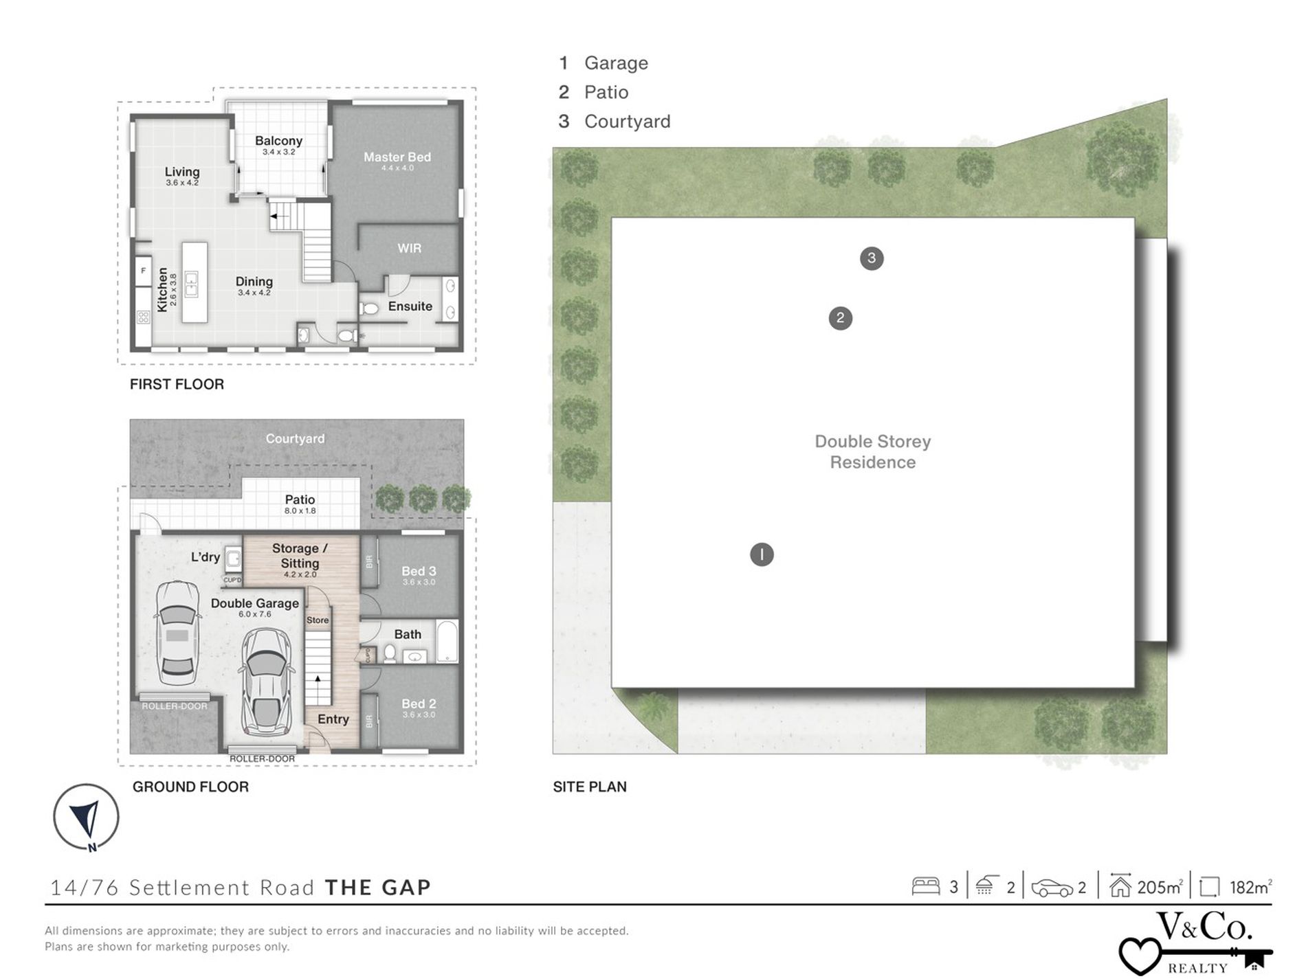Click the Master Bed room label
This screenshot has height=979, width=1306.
tap(397, 157)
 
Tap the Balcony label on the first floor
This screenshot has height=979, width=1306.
tap(278, 141)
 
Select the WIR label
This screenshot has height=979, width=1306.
tap(409, 249)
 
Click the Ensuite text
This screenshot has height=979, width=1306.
tap(410, 306)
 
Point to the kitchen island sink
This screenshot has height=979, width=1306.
tap(191, 284)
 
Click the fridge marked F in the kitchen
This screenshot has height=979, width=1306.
tap(143, 271)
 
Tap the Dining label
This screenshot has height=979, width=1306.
tap(254, 282)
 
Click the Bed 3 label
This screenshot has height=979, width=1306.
tap(419, 571)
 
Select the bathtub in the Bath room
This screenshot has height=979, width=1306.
tap(447, 642)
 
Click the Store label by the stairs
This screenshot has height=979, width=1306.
tap(318, 620)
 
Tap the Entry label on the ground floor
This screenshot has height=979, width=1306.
tap(333, 719)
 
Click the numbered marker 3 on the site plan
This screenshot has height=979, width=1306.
tap(872, 258)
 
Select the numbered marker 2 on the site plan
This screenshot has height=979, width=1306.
tap(840, 318)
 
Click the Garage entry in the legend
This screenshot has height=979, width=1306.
tap(616, 63)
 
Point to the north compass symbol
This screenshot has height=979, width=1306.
tap(87, 818)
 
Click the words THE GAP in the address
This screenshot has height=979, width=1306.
tap(377, 888)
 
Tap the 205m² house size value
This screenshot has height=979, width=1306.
tap(1160, 888)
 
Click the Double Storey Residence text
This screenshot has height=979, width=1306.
tap(872, 452)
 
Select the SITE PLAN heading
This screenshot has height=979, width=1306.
tap(590, 787)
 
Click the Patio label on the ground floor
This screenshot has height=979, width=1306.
tap(300, 500)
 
